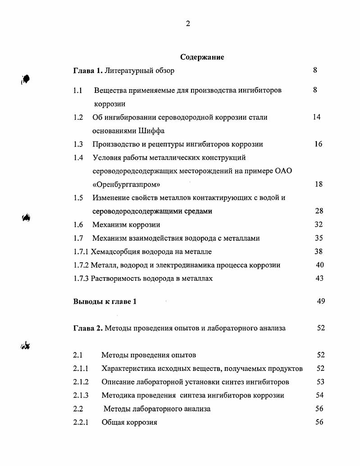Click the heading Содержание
tap(202, 57)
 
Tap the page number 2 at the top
tap(188, 24)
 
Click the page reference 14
tap(316, 117)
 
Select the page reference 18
tap(318, 184)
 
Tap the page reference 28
tap(319, 211)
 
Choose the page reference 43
tap(319, 279)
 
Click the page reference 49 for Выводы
tap(320, 302)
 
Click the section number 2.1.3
tap(81, 395)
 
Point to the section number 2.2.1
tap(81, 422)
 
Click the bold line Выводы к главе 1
tap(105, 302)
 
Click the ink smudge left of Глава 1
tap(25, 79)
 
